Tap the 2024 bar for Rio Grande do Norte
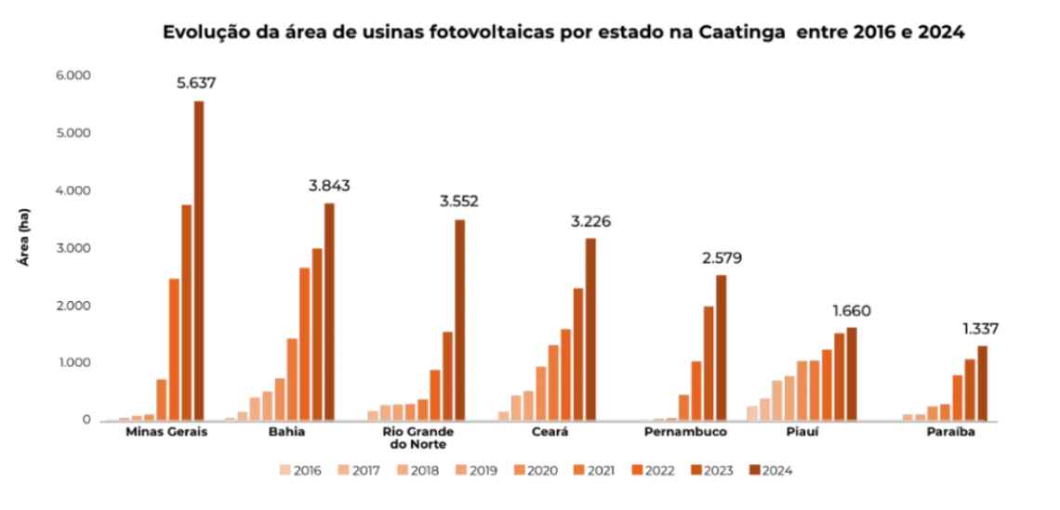point(460,320)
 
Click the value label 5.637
point(196,84)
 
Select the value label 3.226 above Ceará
point(590,222)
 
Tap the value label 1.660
point(851,311)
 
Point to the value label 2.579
point(721,257)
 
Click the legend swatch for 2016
point(284,470)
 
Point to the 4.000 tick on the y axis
point(72,190)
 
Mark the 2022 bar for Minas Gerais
point(174,349)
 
